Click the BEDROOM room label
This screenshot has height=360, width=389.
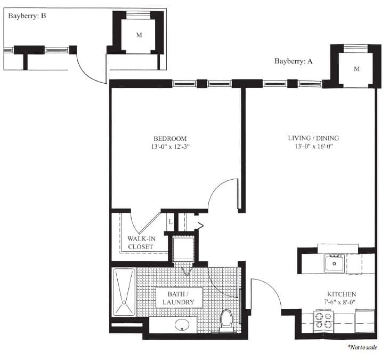(x=171, y=138)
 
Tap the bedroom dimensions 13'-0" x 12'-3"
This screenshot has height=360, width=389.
(x=171, y=146)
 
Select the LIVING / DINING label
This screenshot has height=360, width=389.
(x=313, y=138)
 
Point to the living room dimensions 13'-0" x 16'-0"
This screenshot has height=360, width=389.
(x=313, y=146)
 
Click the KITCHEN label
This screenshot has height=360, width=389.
(x=342, y=294)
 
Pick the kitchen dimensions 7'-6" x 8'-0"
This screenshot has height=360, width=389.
(x=342, y=302)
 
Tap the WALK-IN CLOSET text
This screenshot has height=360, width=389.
(x=141, y=243)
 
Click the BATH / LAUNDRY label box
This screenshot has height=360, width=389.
(x=178, y=298)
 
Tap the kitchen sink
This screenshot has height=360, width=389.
(x=335, y=263)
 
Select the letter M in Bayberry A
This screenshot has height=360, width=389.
(x=356, y=69)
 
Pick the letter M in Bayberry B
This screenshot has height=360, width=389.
(x=139, y=35)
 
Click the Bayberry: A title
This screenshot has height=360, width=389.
(x=293, y=61)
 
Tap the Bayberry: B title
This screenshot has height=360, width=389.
(x=27, y=16)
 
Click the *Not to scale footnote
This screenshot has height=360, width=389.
(x=362, y=347)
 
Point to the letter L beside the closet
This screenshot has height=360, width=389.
(x=170, y=221)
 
